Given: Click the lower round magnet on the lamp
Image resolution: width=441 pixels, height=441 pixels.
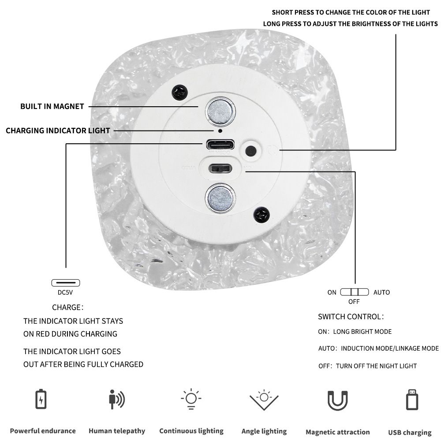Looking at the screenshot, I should pos(220,198).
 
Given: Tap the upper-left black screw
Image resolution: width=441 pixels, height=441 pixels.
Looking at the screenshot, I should pos(180,92).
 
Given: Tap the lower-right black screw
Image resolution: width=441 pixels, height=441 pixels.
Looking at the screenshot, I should pos(262,215).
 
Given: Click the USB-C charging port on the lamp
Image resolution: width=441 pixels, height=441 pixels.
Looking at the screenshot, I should pos(220,145).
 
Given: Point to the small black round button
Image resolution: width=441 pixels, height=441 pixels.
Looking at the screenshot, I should pos(250,150).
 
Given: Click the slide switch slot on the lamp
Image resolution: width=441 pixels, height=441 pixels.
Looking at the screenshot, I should pos(220,168).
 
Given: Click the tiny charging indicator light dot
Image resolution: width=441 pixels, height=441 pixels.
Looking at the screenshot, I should pos(220,131).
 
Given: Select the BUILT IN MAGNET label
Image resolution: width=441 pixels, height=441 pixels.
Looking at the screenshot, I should pos(52,106).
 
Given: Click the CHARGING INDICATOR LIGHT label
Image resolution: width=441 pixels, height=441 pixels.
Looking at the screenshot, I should pos(58,131).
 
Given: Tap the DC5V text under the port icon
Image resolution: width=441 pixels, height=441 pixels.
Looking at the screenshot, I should pos(66,292).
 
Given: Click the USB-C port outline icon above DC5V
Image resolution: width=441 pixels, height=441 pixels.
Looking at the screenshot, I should pos(66,283).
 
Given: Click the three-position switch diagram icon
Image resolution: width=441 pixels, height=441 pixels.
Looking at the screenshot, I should pos(354,292).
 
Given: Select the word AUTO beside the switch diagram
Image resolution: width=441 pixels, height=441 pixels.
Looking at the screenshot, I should pos(381,292).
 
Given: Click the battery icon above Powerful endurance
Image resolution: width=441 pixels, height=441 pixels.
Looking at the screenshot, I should pos(41,399).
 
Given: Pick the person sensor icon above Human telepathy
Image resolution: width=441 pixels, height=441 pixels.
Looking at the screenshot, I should pos(116,400).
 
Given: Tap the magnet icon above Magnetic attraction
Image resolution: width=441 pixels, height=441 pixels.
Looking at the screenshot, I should pos(337,400).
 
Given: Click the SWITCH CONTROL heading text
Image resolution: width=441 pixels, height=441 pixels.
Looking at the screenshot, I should pos(351,317).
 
